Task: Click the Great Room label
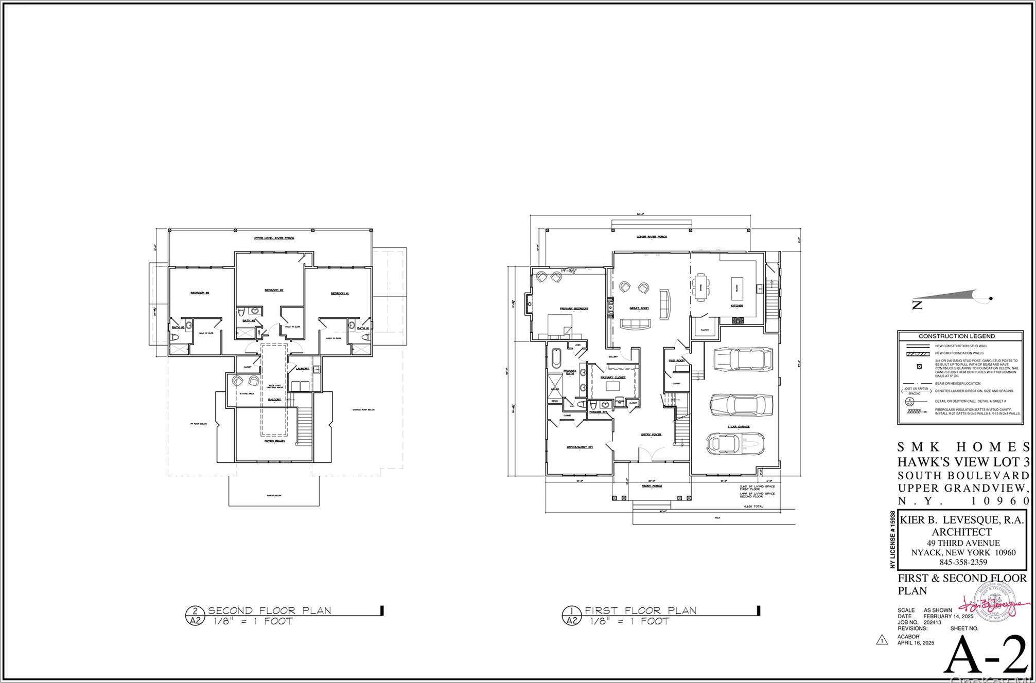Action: click(x=639, y=308)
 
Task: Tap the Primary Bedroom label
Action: click(x=574, y=309)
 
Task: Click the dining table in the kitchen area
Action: click(x=699, y=287)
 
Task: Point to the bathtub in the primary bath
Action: click(x=556, y=358)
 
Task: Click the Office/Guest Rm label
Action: click(x=580, y=447)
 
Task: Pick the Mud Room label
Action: click(x=676, y=361)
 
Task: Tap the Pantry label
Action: click(x=705, y=330)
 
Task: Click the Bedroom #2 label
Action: click(x=274, y=290)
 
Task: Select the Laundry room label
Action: click(x=302, y=368)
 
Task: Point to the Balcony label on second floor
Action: click(x=275, y=400)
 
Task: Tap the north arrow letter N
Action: click(x=917, y=305)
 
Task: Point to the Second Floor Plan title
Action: click(x=269, y=610)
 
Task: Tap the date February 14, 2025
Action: click(x=947, y=616)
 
